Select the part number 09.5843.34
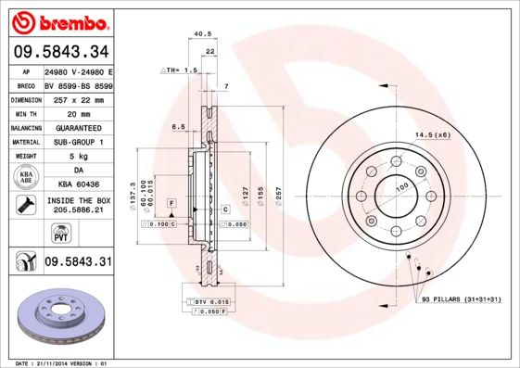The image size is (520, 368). (x=60, y=51)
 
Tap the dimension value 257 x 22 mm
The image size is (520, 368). (x=79, y=98)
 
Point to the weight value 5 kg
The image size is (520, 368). (x=78, y=156)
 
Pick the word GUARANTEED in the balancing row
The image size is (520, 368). (x=78, y=127)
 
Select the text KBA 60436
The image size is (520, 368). (x=78, y=184)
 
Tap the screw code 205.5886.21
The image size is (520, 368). (x=78, y=211)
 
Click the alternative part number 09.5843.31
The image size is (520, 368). (x=78, y=262)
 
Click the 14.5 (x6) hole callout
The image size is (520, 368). (x=432, y=135)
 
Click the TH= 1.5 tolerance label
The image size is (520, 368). (x=182, y=70)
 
